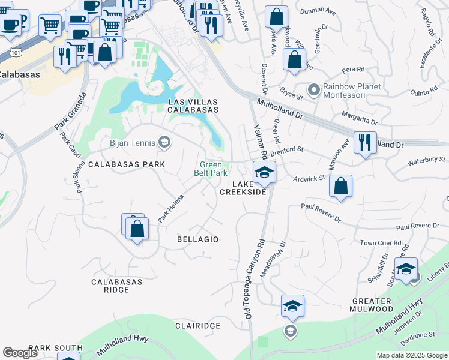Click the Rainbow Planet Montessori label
coord(352,91)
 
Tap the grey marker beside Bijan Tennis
coord(164,143)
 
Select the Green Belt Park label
coord(211,169)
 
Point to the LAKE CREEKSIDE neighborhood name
coord(243,188)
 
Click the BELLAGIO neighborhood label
coord(197,239)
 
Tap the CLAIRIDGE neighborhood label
coord(197,325)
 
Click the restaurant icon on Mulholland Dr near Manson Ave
coord(365,143)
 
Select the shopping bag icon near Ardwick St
coord(340,187)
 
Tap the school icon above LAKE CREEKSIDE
coord(263,173)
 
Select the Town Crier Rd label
coord(376,243)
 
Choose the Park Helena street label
coord(171,212)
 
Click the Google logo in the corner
coord(20,353)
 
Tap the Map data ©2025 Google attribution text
coord(411,355)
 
